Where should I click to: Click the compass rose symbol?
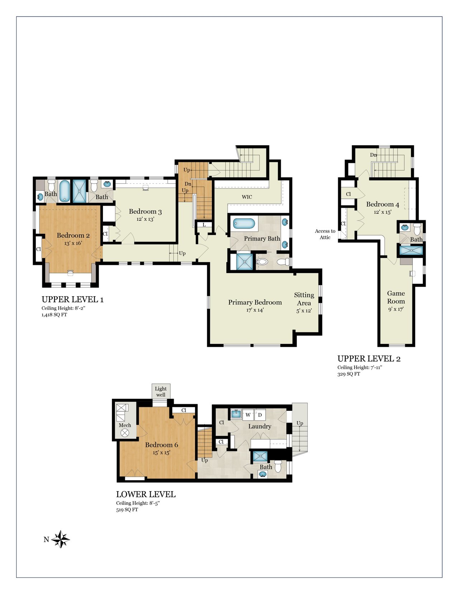pyautogui.click(x=60, y=539)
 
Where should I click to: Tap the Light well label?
pyautogui.click(x=161, y=391)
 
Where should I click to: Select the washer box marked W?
pyautogui.click(x=248, y=415)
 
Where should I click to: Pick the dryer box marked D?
pyautogui.click(x=260, y=415)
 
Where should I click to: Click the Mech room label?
pyautogui.click(x=125, y=425)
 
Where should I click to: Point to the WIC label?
pyautogui.click(x=247, y=197)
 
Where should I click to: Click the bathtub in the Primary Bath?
pyautogui.click(x=244, y=223)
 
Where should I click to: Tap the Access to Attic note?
pyautogui.click(x=325, y=234)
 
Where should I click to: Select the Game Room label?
pyautogui.click(x=396, y=297)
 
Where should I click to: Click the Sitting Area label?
pyautogui.click(x=304, y=299)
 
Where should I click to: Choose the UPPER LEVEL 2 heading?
pyautogui.click(x=369, y=359)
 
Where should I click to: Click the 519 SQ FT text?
pyautogui.click(x=127, y=510)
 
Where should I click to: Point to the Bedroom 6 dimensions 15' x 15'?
pyautogui.click(x=161, y=452)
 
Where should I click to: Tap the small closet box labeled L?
pyautogui.click(x=204, y=225)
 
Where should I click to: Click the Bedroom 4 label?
pyautogui.click(x=383, y=204)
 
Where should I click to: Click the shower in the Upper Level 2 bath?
pyautogui.click(x=411, y=250)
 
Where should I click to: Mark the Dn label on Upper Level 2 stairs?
pyautogui.click(x=374, y=155)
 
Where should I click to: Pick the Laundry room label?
pyautogui.click(x=260, y=426)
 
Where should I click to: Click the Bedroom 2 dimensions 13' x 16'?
pyautogui.click(x=73, y=243)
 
